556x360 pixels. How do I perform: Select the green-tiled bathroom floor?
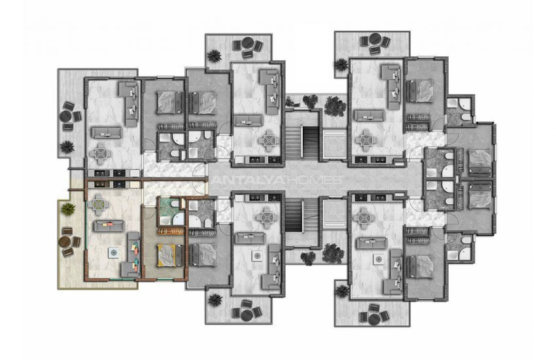click(171, 211)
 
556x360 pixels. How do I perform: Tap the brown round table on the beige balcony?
click(65, 242)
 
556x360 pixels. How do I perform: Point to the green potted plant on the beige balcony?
click(68, 209)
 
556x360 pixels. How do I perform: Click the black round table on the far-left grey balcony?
click(65, 117)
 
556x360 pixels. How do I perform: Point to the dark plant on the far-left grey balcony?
click(67, 147)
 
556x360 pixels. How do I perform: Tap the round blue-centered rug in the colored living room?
click(113, 253)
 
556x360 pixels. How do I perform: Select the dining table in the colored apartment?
click(99, 204)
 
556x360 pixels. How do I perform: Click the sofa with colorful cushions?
click(133, 255)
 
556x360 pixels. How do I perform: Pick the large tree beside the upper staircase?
click(335, 105)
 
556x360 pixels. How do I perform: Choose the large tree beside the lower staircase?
click(333, 253)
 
